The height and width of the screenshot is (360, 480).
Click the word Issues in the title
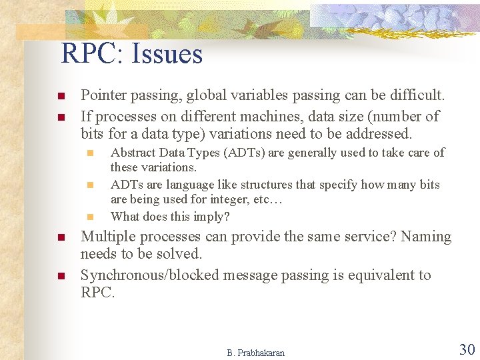click(x=167, y=54)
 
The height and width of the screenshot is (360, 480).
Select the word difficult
click(x=414, y=96)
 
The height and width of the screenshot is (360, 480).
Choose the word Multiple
click(x=107, y=237)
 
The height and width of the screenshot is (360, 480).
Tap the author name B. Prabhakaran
click(x=255, y=353)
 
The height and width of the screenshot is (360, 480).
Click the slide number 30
click(x=466, y=349)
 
